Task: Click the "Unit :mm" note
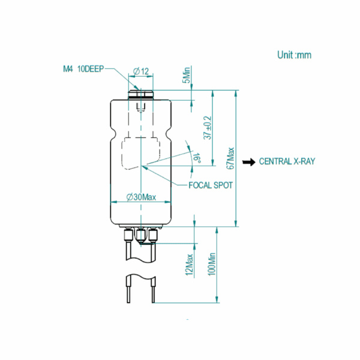294,55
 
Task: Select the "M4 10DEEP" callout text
83,69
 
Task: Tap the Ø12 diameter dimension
141,71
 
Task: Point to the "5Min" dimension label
187,75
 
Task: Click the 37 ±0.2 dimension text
208,128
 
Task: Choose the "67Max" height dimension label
230,158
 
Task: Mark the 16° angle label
197,158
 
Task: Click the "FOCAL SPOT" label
211,185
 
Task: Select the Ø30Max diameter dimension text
141,197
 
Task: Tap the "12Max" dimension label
189,265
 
